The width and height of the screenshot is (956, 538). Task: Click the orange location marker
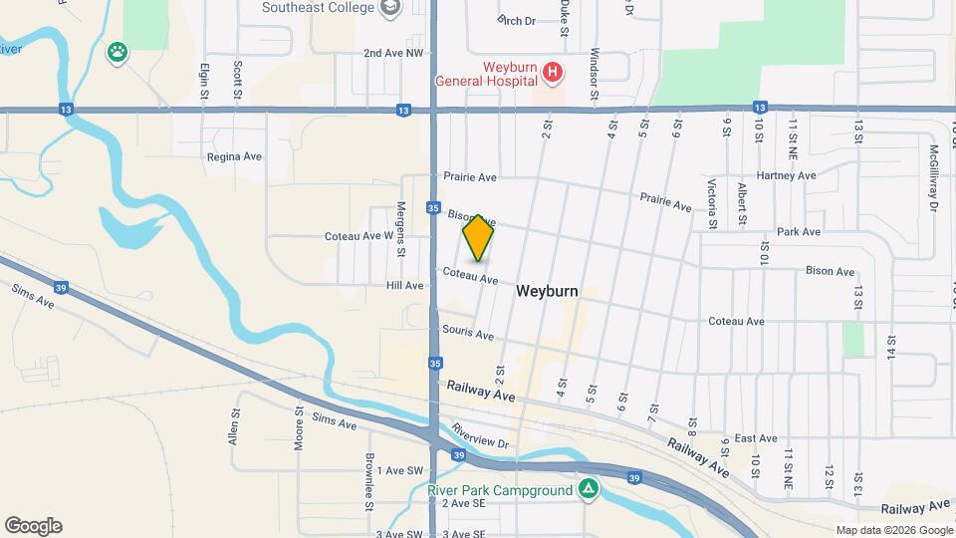[x=479, y=237]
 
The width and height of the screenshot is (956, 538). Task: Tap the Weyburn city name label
[x=547, y=292]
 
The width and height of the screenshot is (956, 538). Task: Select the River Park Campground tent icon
[x=589, y=489]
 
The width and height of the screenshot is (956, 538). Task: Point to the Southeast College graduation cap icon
[x=390, y=8]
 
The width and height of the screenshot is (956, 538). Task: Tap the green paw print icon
[x=119, y=52]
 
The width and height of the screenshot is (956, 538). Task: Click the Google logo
[x=33, y=526]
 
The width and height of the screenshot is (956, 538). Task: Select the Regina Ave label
[x=234, y=156]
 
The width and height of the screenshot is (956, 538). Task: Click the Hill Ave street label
[x=405, y=285]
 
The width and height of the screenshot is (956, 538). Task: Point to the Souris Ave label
[x=469, y=335]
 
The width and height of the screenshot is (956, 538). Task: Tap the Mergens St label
[x=401, y=228]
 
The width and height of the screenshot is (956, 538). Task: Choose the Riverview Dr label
[x=480, y=436]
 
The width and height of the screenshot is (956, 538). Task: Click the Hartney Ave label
[x=786, y=175]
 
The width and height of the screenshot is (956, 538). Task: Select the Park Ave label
[x=799, y=231]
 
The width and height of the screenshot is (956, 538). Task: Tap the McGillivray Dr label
[x=934, y=178]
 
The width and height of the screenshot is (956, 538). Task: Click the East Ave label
[x=756, y=437]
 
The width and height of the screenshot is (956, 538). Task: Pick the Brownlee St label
[x=368, y=482]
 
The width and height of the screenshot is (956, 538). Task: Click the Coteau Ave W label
[x=359, y=236]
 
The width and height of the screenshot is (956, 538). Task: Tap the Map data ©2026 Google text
[x=893, y=530]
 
